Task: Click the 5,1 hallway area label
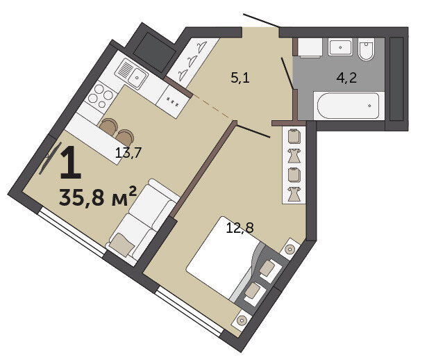pyautogui.click(x=240, y=78)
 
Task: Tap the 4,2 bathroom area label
pyautogui.click(x=346, y=78)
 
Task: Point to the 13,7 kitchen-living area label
pyautogui.click(x=128, y=153)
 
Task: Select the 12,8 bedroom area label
pyautogui.click(x=240, y=228)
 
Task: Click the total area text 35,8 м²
pyautogui.click(x=98, y=197)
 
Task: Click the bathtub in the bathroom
pyautogui.click(x=348, y=106)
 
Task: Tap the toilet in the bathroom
pyautogui.click(x=366, y=49)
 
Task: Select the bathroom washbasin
pyautogui.click(x=340, y=47)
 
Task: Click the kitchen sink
pyautogui.click(x=131, y=73)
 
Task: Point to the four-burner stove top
pyautogui.click(x=101, y=96)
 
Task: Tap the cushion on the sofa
pyautogui.click(x=121, y=244)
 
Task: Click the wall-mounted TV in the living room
pyautogui.click(x=50, y=158)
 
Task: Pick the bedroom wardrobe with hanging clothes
pyautogui.click(x=294, y=165)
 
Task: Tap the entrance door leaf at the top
pyautogui.click(x=261, y=20)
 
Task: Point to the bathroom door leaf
pyautogui.click(x=287, y=74)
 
